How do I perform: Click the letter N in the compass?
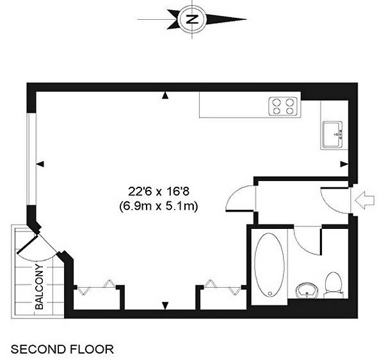pyautogui.click(x=192, y=19)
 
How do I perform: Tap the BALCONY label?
pyautogui.click(x=39, y=286)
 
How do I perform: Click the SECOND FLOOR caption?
pyautogui.click(x=62, y=349)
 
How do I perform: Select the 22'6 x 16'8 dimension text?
pyautogui.click(x=159, y=191)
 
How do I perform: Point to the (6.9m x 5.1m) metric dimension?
pyautogui.click(x=159, y=207)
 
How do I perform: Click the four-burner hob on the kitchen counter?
pyautogui.click(x=283, y=106)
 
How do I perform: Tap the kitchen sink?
pyautogui.click(x=332, y=134)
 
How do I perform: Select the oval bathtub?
pyautogui.click(x=269, y=265)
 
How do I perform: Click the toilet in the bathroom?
pyautogui.click(x=333, y=285)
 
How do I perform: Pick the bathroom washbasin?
pyautogui.click(x=307, y=290)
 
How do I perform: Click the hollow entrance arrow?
pyautogui.click(x=365, y=200)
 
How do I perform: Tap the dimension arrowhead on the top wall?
pyautogui.click(x=165, y=95)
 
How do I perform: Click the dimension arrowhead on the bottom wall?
pyautogui.click(x=165, y=306)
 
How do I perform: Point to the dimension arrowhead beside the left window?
pyautogui.click(x=40, y=164)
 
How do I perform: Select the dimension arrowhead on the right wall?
pyautogui.click(x=344, y=164)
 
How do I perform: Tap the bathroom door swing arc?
pyautogui.click(x=303, y=247)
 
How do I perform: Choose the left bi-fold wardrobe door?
pyautogui.click(x=97, y=286)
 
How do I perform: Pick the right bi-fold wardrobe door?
pyautogui.click(x=222, y=286)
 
